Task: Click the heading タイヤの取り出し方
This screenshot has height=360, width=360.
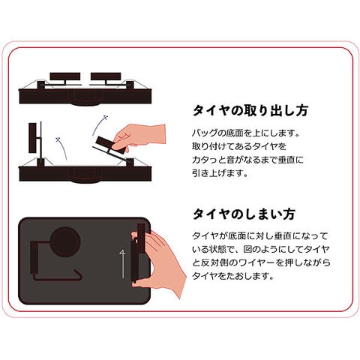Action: click(x=249, y=111)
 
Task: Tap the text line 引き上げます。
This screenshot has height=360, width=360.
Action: click(x=217, y=172)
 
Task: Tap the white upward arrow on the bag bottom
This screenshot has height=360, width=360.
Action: click(x=121, y=262)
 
